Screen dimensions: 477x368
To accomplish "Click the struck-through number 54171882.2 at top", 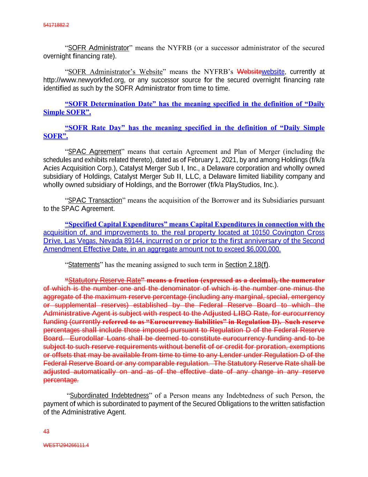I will [x=56, y=25].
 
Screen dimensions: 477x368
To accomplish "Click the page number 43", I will [x=46, y=432].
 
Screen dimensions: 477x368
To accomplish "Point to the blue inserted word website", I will [x=273, y=72].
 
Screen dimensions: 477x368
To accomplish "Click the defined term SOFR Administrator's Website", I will [x=115, y=72].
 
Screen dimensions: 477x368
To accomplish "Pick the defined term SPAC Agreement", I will [x=94, y=152].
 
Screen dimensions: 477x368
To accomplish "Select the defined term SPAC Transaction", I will [x=95, y=201].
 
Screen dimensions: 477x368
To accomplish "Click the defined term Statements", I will [x=84, y=265].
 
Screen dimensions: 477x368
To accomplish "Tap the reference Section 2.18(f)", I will [x=247, y=265].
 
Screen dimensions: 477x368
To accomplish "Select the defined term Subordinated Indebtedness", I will [x=110, y=396].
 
